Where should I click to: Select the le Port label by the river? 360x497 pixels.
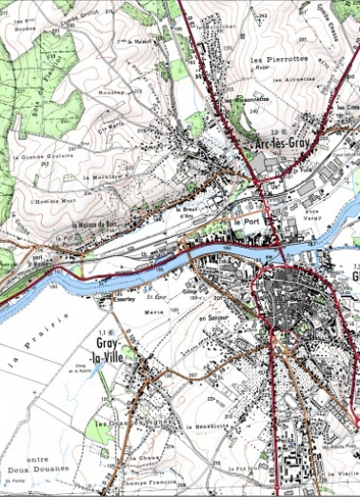coord(246,221)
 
